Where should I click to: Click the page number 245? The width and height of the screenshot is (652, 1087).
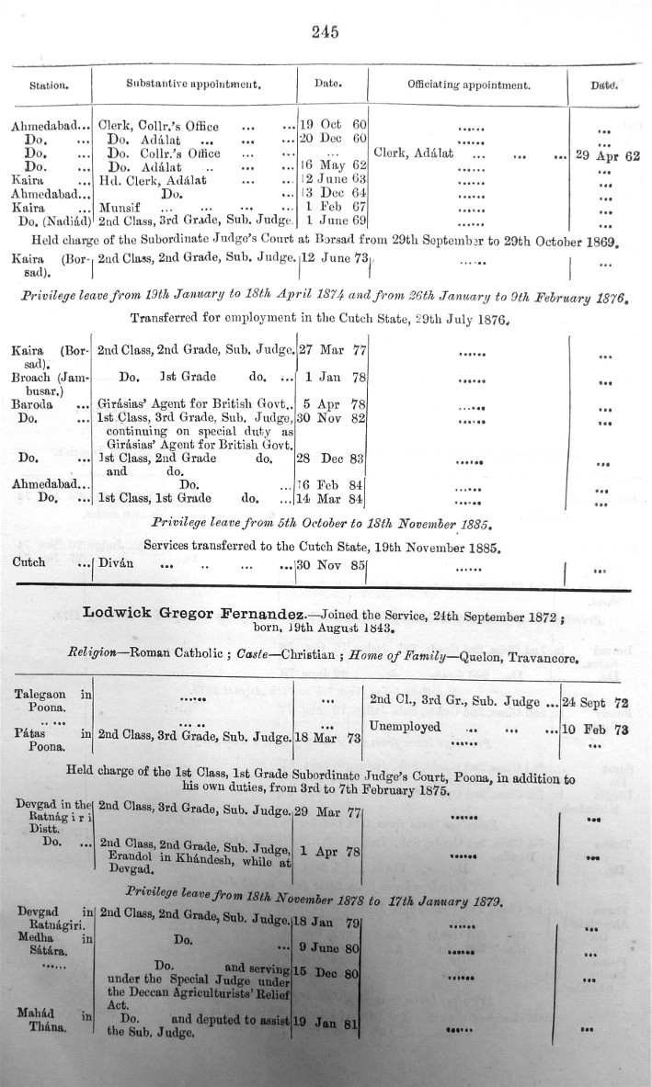[326, 31]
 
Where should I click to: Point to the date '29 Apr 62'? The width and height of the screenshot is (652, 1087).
[607, 155]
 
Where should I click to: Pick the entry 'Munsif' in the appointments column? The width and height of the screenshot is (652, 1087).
[117, 208]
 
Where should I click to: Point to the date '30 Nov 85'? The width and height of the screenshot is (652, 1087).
[331, 566]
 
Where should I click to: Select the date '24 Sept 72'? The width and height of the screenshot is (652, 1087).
[606, 702]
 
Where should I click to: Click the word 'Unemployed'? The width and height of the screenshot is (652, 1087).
[405, 727]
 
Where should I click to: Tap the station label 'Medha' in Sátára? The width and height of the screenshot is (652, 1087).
[36, 938]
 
